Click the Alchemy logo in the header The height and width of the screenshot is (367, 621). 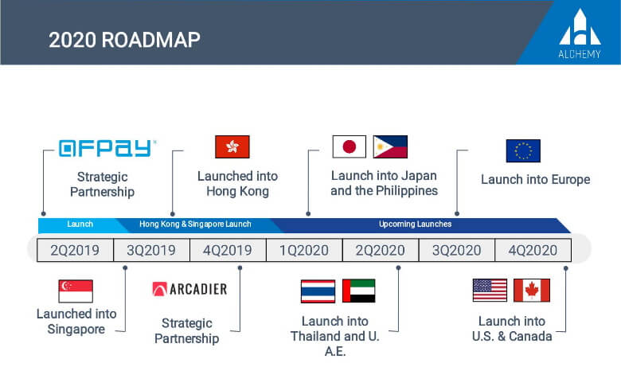pyautogui.click(x=580, y=33)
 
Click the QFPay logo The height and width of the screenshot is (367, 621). pyautogui.click(x=107, y=148)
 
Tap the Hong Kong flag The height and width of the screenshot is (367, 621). pyautogui.click(x=232, y=146)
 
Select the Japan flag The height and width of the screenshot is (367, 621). pyautogui.click(x=349, y=146)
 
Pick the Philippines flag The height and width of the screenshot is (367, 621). pyautogui.click(x=390, y=146)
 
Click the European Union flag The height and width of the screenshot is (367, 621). pyautogui.click(x=523, y=150)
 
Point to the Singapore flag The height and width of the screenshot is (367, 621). pyautogui.click(x=76, y=291)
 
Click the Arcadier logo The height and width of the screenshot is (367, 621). pyautogui.click(x=189, y=289)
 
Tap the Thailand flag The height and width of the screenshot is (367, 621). pyautogui.click(x=318, y=291)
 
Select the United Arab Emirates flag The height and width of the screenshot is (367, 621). pyautogui.click(x=358, y=291)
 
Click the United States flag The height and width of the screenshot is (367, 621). pyautogui.click(x=490, y=291)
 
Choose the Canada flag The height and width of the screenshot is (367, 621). pyautogui.click(x=532, y=291)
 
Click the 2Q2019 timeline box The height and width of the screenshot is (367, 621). pyautogui.click(x=75, y=250)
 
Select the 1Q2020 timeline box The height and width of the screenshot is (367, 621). pyautogui.click(x=304, y=250)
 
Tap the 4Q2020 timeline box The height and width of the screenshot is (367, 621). pyautogui.click(x=533, y=250)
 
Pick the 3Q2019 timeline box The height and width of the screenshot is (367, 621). pyautogui.click(x=151, y=250)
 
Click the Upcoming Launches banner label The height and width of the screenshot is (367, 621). pyautogui.click(x=415, y=224)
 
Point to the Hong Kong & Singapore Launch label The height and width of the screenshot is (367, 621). pyautogui.click(x=195, y=224)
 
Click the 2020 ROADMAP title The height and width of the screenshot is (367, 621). pyautogui.click(x=124, y=40)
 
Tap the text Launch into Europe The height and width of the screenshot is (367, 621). pyautogui.click(x=536, y=179)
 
